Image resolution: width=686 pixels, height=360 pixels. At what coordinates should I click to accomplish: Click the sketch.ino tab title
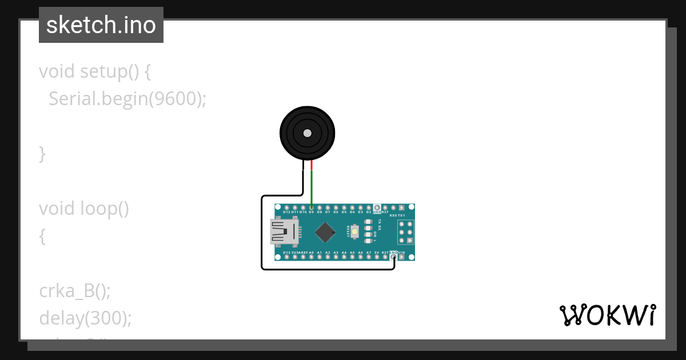101,25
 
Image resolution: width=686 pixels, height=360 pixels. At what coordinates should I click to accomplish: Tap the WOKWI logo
607,315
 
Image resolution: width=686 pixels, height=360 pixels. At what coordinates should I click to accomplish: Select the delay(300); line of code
85,318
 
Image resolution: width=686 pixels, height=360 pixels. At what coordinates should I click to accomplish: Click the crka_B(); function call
74,291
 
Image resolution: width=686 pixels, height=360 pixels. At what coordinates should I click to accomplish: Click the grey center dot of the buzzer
307,133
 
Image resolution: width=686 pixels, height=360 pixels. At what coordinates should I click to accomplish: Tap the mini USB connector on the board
284,231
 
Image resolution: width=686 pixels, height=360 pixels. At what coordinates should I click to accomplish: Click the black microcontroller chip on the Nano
325,231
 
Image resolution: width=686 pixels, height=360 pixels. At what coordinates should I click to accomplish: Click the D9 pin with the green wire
311,207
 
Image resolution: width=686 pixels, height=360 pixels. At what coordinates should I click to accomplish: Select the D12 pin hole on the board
286,207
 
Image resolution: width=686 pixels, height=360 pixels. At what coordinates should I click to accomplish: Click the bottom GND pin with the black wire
393,257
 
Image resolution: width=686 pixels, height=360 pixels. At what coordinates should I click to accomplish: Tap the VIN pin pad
402,257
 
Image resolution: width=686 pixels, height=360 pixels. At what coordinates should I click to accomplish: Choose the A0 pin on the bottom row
311,257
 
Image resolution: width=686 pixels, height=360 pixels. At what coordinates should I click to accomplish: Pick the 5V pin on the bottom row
377,257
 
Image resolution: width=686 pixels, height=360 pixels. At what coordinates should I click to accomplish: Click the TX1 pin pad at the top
402,207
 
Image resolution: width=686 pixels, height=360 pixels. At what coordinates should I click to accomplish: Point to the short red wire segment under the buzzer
312,166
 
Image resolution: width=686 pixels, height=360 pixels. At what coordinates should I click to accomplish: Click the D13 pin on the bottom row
286,257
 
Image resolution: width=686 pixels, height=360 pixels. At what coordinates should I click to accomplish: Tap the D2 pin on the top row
369,207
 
